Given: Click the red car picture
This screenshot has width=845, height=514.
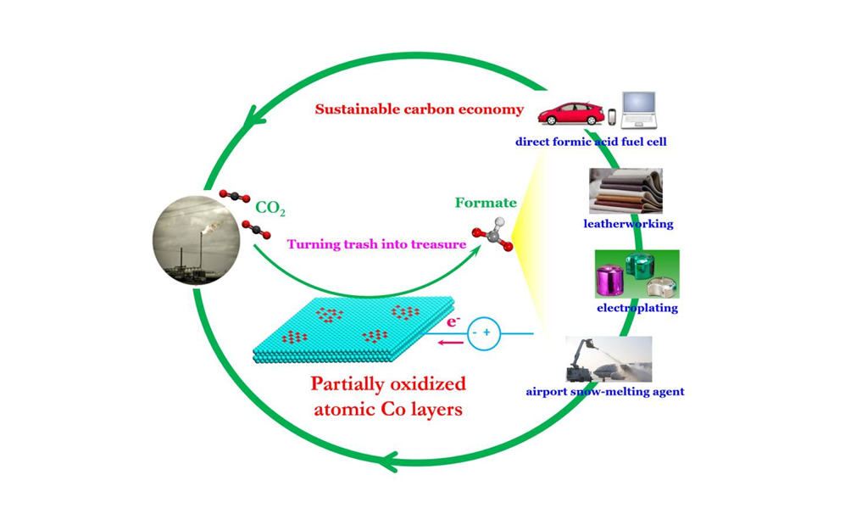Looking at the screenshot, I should [x=567, y=114].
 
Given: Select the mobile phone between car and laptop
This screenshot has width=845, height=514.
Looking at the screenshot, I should [x=609, y=117].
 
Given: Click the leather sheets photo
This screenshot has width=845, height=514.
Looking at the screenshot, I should [x=625, y=191].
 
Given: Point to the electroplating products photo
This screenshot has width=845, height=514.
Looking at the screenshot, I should [x=637, y=273].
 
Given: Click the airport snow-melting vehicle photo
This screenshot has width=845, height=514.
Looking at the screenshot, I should [x=609, y=359].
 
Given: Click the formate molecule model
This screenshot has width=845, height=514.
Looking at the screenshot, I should [x=491, y=238].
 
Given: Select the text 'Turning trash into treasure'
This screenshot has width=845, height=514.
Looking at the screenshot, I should [x=376, y=244].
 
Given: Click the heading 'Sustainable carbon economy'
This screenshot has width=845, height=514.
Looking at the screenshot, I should [x=420, y=109].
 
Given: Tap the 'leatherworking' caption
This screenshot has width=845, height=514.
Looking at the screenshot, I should [x=628, y=224].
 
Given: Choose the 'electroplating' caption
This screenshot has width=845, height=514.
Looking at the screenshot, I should [x=637, y=308].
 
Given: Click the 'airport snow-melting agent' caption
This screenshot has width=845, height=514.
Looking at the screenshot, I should [x=605, y=392].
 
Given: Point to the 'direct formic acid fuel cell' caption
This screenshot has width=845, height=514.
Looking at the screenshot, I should [x=591, y=142].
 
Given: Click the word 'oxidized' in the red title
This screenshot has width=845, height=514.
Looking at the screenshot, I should [x=424, y=383].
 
